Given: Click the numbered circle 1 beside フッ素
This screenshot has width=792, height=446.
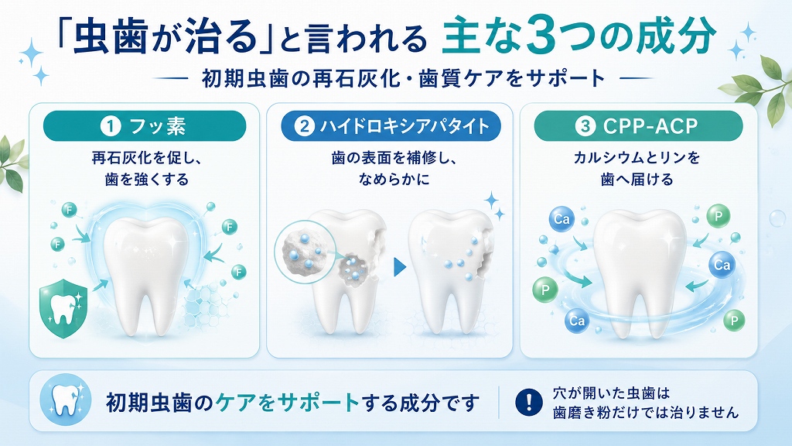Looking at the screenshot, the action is tap(110, 126).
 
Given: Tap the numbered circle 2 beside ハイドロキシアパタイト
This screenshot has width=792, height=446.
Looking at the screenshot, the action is tap(305, 126).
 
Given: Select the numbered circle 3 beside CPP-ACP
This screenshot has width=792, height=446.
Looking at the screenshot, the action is tap(585, 126).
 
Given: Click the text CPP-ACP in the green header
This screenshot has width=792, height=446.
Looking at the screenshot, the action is tap(650, 126).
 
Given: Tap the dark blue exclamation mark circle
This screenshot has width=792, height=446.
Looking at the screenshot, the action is tap(529, 402).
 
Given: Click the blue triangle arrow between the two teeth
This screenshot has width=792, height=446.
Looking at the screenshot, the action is tap(400, 267).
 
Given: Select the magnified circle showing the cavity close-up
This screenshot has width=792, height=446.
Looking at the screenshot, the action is tap(305, 252).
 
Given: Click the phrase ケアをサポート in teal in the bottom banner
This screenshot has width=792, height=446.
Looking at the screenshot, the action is tap(288, 403).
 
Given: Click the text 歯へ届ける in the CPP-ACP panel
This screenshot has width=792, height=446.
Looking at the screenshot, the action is tap(637, 180).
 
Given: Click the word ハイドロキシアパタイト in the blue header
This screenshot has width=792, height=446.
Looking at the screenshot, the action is tap(405, 126).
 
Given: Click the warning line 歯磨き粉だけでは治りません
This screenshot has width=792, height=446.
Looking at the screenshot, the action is tap(646, 412).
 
